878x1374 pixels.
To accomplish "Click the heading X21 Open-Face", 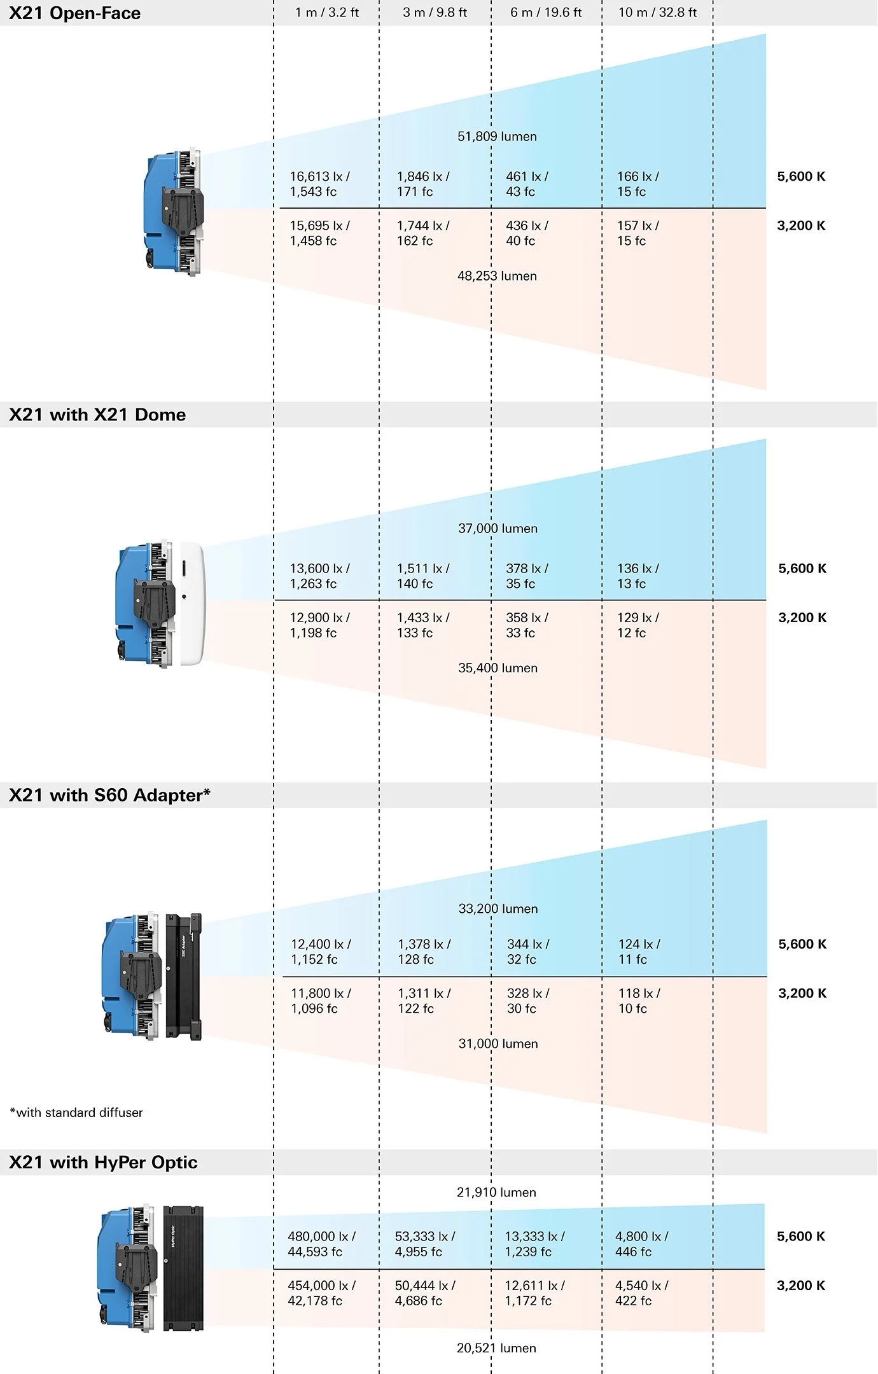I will (x=75, y=13).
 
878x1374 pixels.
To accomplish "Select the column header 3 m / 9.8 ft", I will (x=435, y=13).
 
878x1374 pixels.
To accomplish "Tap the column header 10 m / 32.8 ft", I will (x=657, y=13).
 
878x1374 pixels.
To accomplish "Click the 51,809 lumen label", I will (x=497, y=137).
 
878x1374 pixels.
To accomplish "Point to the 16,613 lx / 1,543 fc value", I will (x=319, y=184).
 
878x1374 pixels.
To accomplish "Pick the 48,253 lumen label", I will (x=497, y=276).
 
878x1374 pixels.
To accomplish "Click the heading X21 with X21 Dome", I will (x=97, y=415).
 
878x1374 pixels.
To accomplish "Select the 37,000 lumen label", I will (x=498, y=529).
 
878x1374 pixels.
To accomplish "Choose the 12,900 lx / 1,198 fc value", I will (x=319, y=625).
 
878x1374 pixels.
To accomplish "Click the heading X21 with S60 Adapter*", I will (x=109, y=795).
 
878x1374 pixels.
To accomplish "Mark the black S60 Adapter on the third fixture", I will (x=183, y=976).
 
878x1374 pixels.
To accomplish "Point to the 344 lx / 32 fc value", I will (x=527, y=952).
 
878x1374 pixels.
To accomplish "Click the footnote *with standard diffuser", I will (x=76, y=1113).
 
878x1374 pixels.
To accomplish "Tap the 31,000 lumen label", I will (x=498, y=1044).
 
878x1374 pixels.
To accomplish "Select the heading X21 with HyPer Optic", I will (x=103, y=1162).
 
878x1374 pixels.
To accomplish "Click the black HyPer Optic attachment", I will (x=183, y=1268).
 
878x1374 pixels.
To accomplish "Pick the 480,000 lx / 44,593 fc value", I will (x=321, y=1244).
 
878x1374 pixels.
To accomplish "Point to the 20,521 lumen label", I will (x=496, y=1348).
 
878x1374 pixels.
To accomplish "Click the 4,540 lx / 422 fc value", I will (x=641, y=1293).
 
